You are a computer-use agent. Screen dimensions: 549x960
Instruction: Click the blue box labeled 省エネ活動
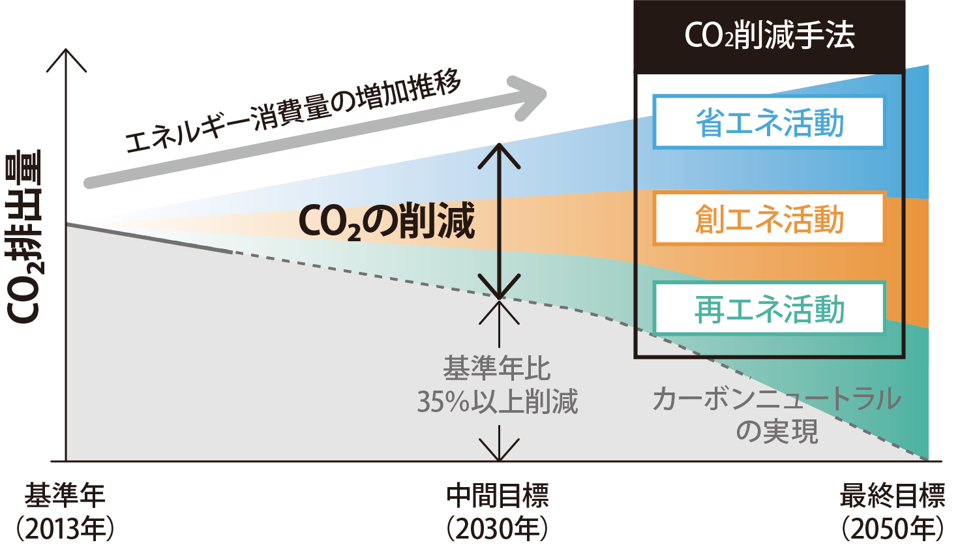click(x=769, y=123)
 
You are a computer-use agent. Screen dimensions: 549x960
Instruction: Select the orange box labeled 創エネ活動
click(x=769, y=218)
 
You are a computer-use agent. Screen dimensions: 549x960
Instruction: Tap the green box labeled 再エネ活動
click(x=769, y=308)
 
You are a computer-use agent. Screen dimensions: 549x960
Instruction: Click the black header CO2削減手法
click(x=769, y=36)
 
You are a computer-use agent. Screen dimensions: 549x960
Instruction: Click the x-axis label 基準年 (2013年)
click(x=65, y=512)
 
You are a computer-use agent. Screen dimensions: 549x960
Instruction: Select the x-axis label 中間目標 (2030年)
click(x=498, y=512)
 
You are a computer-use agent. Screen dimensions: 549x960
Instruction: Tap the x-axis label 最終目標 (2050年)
click(x=892, y=512)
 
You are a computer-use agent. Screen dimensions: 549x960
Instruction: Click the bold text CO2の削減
click(x=386, y=222)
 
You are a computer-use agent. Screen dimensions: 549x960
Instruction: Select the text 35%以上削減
click(x=498, y=402)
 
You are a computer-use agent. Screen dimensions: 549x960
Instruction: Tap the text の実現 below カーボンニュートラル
click(x=776, y=431)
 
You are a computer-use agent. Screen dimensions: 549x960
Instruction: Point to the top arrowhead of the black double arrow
click(x=499, y=154)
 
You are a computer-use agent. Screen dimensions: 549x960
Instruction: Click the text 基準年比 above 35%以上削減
click(x=497, y=369)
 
